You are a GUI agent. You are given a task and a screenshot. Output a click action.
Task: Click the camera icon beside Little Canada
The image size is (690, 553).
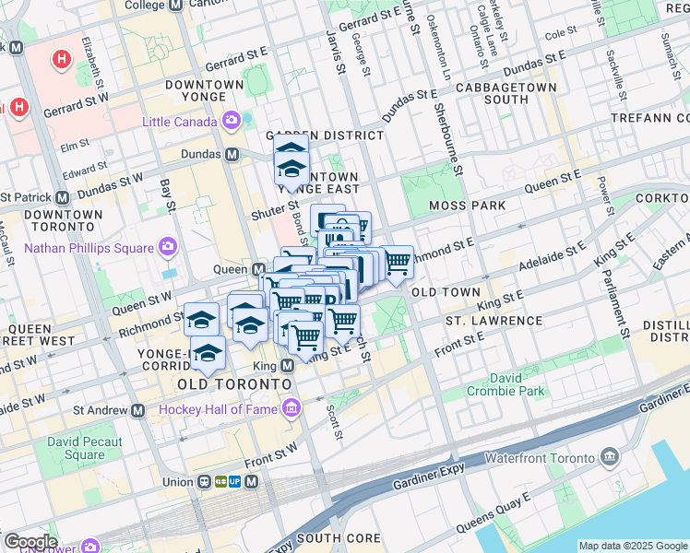(231, 121)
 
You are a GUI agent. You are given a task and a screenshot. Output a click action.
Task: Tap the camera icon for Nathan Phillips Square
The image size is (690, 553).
(168, 246)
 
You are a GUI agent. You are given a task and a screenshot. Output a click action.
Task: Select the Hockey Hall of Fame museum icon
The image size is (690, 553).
(291, 407)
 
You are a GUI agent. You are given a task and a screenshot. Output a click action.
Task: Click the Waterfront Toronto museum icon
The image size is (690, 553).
(609, 456)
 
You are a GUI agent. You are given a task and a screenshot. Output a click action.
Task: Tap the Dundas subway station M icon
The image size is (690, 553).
(232, 154)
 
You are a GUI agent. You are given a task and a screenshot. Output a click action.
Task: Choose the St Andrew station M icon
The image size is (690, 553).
(138, 410)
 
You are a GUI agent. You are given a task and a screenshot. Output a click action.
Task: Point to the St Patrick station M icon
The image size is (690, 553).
(63, 197)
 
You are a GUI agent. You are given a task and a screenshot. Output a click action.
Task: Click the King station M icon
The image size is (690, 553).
(287, 366)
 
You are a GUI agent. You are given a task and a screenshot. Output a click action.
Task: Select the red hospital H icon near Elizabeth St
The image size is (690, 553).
(62, 60)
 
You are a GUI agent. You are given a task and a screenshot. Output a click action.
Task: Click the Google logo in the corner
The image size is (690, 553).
(30, 542)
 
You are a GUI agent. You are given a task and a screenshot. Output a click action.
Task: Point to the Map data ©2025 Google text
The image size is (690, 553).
(633, 546)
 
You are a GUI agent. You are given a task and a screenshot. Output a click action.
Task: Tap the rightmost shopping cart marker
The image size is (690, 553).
(398, 262)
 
